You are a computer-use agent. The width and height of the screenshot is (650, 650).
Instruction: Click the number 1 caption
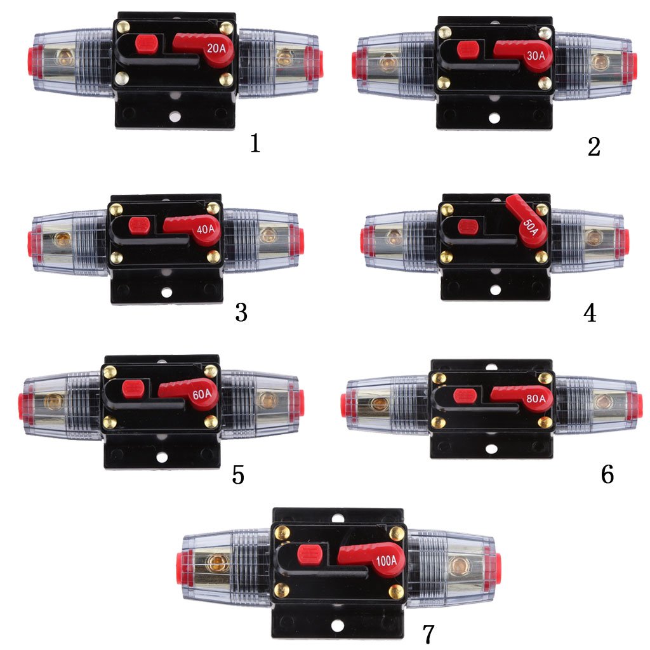(255, 143)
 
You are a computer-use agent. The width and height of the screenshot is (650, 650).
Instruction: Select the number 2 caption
(594, 147)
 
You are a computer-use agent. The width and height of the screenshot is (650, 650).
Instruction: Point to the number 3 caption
(241, 312)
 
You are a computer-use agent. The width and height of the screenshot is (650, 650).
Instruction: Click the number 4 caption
(590, 312)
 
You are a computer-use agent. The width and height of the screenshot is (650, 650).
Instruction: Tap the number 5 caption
(238, 475)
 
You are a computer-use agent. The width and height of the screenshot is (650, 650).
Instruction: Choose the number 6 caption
(607, 474)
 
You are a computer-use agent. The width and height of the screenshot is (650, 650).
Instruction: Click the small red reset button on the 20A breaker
(146, 44)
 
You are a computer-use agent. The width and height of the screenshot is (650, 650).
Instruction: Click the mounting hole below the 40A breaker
(166, 293)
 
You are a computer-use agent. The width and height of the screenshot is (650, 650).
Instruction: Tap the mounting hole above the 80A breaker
(491, 367)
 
